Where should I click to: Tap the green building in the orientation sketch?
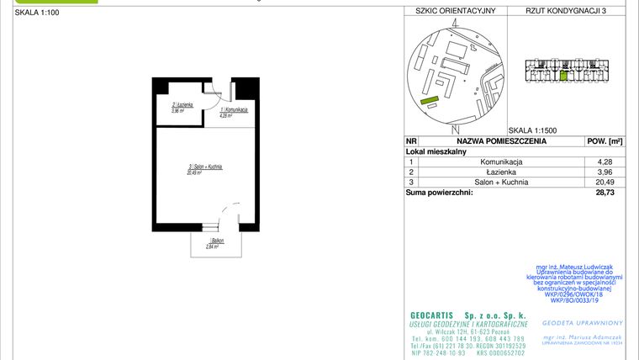pyautogui.click(x=430, y=102)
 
